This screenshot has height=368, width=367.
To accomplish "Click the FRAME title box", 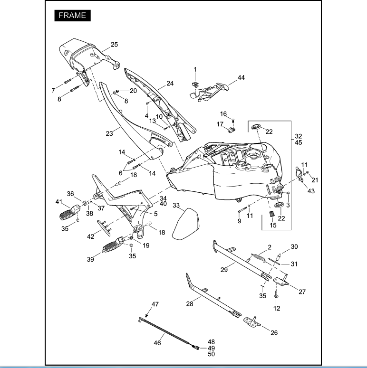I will pos(72,15).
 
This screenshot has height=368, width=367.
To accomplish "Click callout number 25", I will pos(114,45).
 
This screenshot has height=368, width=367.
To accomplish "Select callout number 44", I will pos(241,77).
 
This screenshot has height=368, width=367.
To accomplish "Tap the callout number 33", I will pos(176,206).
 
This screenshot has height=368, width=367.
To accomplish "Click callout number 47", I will pos(155,304).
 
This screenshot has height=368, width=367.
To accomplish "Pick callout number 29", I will pos(225,269).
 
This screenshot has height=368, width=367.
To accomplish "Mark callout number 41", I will pos(58,202).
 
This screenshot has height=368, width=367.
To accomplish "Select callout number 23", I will pos(109,134).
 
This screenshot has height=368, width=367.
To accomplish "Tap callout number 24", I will pos(170,84).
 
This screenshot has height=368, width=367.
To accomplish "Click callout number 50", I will pos(212,354).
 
